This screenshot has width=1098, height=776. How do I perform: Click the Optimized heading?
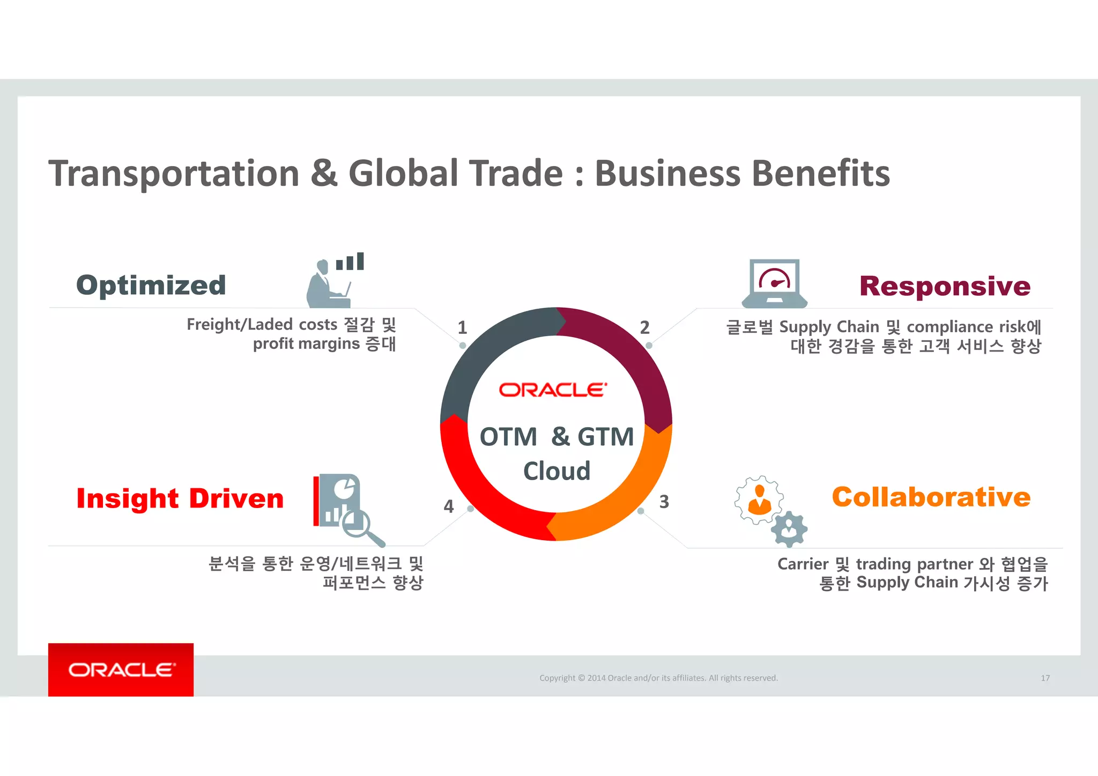(x=151, y=285)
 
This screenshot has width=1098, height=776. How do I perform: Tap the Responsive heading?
(x=945, y=286)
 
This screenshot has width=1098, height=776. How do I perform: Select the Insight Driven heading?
(x=180, y=498)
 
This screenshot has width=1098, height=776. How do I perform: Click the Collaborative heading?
(x=931, y=497)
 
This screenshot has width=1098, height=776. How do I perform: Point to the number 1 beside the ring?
(x=462, y=327)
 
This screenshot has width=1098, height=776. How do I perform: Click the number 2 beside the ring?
(x=644, y=327)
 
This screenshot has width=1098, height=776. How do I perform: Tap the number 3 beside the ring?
(x=664, y=502)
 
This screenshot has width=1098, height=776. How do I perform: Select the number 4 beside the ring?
(x=449, y=506)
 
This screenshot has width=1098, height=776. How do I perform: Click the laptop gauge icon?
(x=774, y=283)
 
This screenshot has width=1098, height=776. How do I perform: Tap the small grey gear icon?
(x=789, y=529)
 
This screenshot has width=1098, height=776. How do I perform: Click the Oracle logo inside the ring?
(x=553, y=390)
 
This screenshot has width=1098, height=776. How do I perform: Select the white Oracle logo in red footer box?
(x=121, y=670)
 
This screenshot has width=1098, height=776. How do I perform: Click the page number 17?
(x=1045, y=678)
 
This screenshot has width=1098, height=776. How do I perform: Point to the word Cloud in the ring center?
(x=557, y=471)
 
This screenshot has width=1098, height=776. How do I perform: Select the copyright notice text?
(x=658, y=678)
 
